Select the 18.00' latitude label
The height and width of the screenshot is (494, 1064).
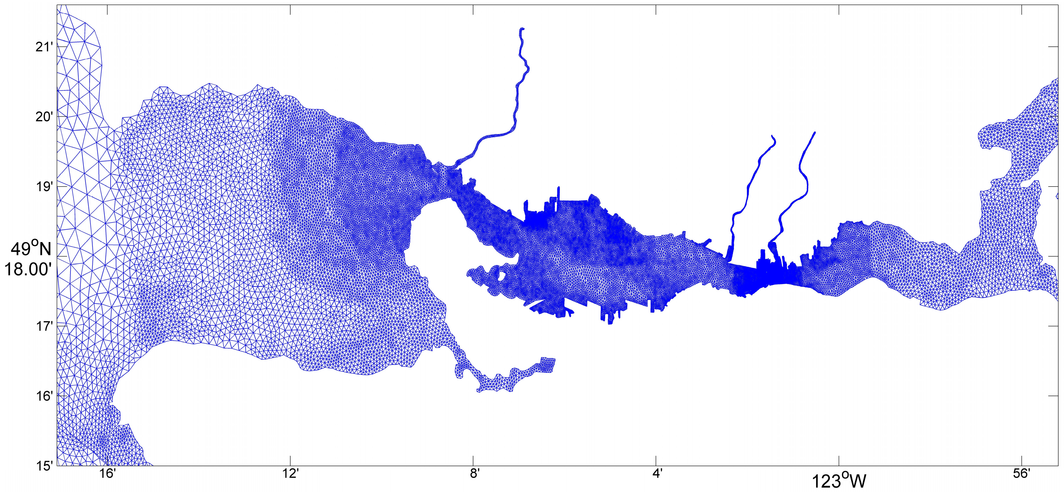(x=28, y=269)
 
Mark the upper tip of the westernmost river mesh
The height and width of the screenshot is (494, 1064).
(x=522, y=29)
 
